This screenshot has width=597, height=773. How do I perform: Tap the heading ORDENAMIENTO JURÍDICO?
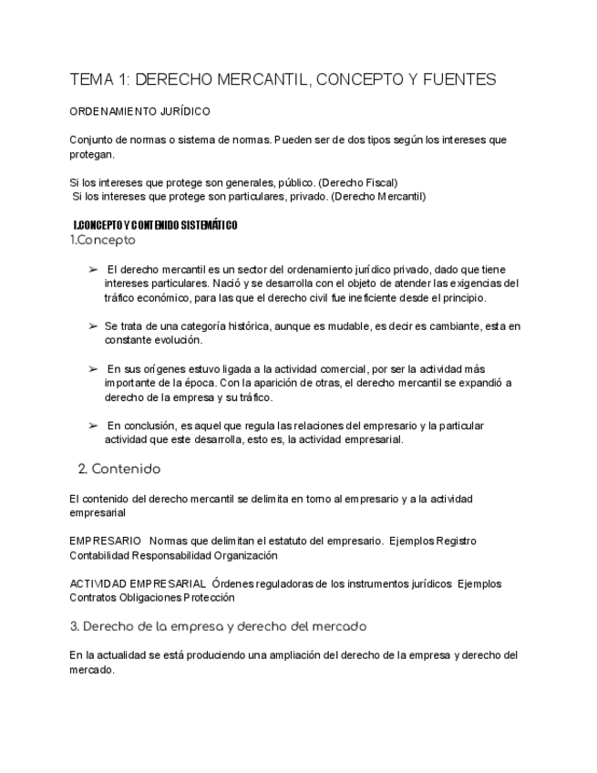pos(139,111)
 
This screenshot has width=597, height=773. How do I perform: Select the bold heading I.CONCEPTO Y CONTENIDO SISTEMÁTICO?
pos(155,225)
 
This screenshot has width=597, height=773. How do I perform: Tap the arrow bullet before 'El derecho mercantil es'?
pos(93,270)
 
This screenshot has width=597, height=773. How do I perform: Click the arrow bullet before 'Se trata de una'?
pos(93,325)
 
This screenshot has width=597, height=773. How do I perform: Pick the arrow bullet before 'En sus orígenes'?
pos(93,368)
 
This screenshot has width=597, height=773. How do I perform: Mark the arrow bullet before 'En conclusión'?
pos(93,425)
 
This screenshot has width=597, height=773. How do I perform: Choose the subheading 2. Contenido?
pos(119,469)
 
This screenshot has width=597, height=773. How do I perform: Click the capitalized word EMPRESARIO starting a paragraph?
pos(105,541)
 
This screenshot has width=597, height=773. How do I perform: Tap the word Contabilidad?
pos(99,554)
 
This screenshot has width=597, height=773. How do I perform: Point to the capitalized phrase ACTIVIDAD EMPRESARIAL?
pos(137,583)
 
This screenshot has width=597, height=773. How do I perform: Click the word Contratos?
pos(93,598)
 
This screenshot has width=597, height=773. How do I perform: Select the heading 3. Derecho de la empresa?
pos(219,626)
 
